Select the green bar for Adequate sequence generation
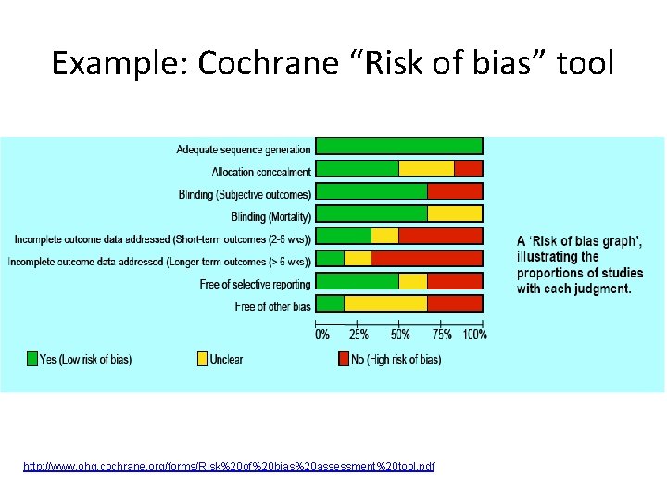399,146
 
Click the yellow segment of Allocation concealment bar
426,169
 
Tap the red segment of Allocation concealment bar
468,169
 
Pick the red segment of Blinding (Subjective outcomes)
454,191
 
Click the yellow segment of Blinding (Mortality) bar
454,213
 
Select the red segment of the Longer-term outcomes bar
426,258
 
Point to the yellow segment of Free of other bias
385,303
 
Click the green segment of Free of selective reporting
358,281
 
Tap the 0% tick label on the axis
322,334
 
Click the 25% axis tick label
357,334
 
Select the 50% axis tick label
399,334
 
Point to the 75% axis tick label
441,334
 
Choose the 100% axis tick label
474,334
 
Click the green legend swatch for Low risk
32,359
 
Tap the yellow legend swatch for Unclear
203,359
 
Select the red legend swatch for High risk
344,359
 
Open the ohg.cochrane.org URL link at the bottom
229,466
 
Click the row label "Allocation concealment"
261,172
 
